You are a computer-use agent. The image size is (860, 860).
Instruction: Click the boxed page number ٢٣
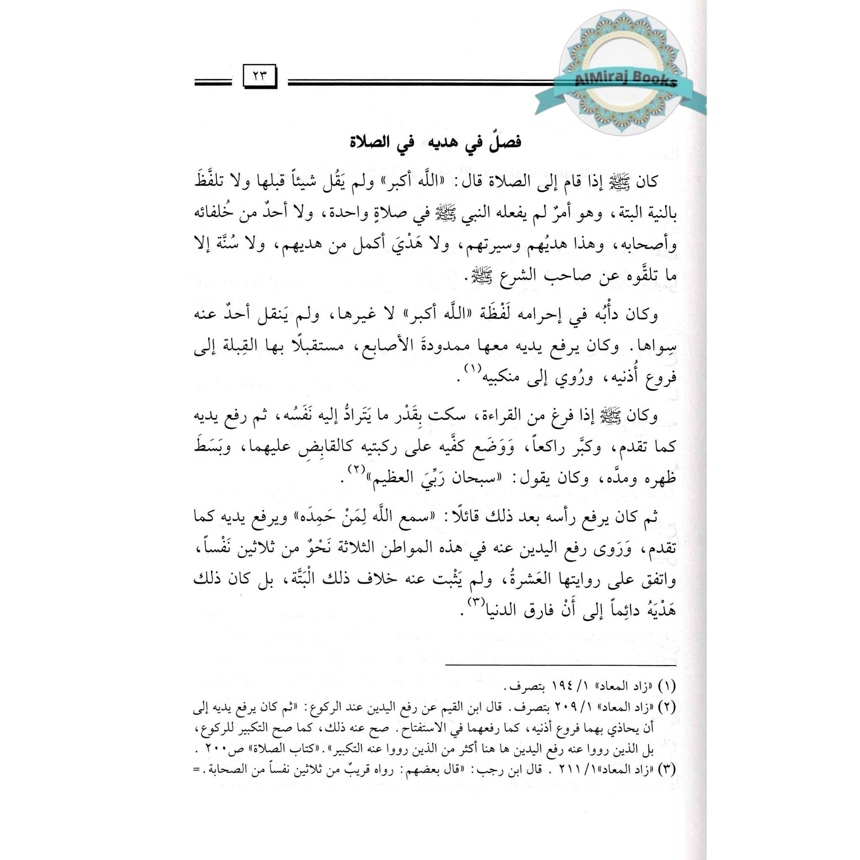tap(260, 76)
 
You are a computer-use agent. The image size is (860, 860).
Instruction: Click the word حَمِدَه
tap(312, 517)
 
